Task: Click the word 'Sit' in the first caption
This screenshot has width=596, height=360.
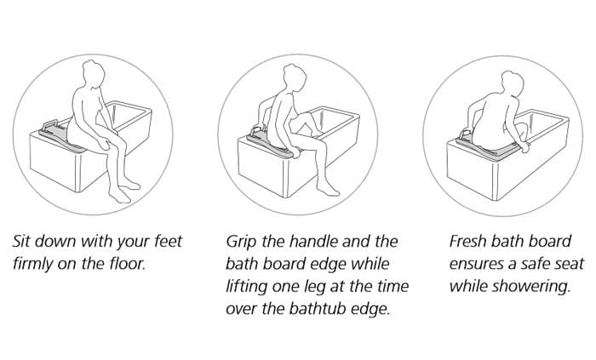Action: [x=23, y=242]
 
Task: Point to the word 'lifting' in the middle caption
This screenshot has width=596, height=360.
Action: [x=248, y=286]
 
